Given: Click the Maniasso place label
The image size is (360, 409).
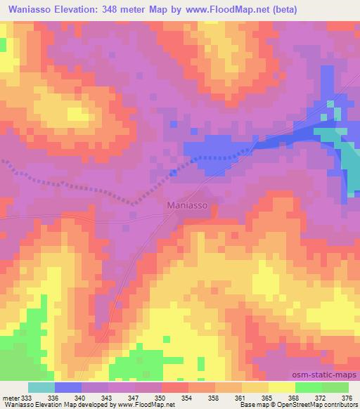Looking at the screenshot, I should tap(188, 205).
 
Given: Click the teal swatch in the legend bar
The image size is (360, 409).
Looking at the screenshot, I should tap(41, 387).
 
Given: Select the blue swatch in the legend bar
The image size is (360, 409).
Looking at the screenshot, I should tap(68, 387).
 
